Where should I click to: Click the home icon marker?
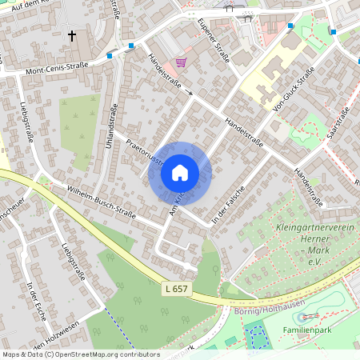pos(179,173)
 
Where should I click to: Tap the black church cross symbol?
pos(72,36)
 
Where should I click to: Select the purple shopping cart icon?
pos(182,62)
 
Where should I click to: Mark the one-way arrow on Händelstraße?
pos(190,93)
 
